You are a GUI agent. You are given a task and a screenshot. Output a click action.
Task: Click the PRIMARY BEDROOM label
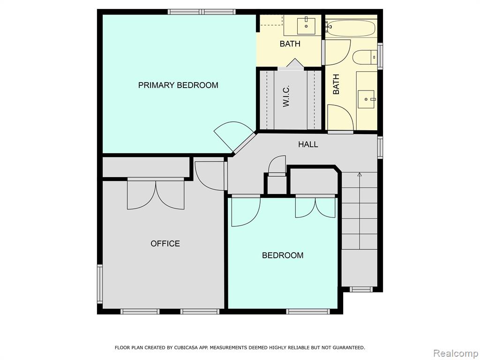tap(178, 85)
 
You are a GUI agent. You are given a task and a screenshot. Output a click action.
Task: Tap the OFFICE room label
tap(165, 243)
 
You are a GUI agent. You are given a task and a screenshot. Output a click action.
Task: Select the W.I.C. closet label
tap(286, 96)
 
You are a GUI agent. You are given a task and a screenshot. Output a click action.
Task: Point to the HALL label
tap(308, 144)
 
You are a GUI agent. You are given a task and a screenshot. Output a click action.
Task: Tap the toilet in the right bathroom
tap(365, 57)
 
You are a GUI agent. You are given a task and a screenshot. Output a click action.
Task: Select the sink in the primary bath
tap(306, 26)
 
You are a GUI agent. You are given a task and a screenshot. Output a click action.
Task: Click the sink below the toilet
tap(366, 99)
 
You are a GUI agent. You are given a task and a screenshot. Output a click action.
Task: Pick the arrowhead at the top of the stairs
tap(360, 174)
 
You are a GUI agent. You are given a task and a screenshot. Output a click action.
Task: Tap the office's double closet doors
tap(156, 196)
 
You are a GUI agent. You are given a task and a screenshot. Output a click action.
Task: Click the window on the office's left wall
tap(100, 284)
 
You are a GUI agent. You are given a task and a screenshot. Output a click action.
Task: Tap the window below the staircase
tap(361, 289)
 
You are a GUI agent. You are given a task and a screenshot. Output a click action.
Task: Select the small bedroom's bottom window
tap(308, 311)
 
